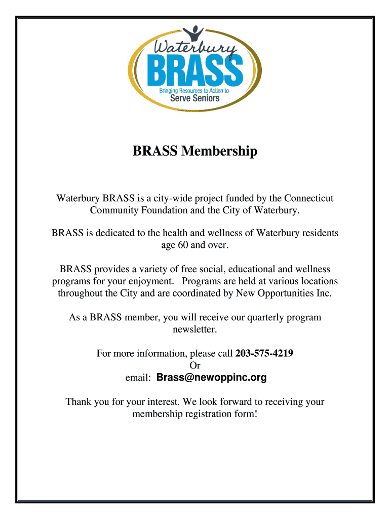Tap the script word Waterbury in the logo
pyautogui.click(x=194, y=49)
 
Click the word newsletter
pyautogui.click(x=194, y=329)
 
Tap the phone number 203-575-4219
pyautogui.click(x=264, y=353)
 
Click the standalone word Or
pyautogui.click(x=194, y=365)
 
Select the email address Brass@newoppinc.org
pyautogui.click(x=211, y=378)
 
